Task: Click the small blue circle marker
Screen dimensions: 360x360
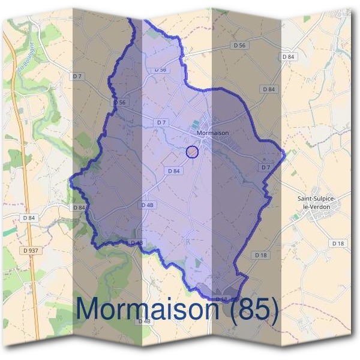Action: coord(192,152)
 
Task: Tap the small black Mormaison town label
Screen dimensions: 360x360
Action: coord(209,134)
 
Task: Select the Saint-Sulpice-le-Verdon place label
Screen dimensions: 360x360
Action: coord(316,202)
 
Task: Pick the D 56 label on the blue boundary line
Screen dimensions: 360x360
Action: coord(119,103)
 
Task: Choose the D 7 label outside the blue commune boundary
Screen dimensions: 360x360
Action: coord(76,76)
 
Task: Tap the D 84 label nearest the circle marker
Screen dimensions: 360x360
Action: coord(173,171)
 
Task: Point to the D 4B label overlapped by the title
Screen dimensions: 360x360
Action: coord(144,321)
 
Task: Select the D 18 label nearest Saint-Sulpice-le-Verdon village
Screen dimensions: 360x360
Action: coord(337,243)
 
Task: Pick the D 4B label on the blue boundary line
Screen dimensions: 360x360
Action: coord(136,242)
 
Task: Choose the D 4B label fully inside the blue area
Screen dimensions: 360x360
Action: coord(148,205)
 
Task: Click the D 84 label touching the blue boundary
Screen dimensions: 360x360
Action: coord(79,207)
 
